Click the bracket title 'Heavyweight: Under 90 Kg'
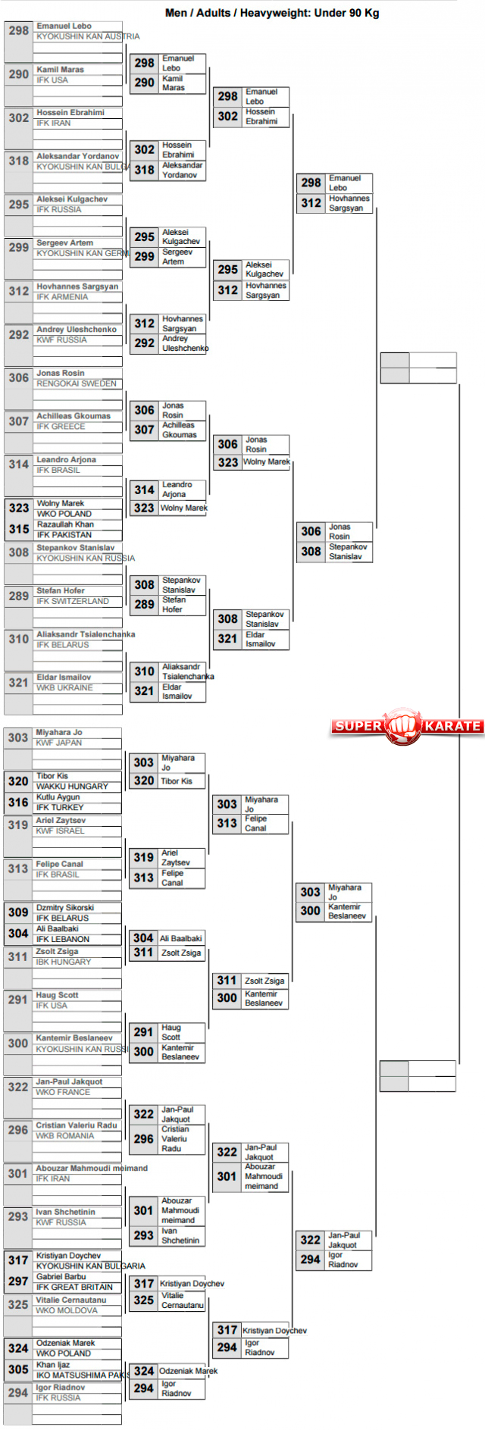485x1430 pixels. (272, 13)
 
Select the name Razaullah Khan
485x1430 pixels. (65, 524)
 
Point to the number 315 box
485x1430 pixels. (19, 529)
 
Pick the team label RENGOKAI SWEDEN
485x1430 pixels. (77, 384)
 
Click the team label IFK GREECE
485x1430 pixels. (61, 427)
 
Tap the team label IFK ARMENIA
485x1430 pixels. (62, 297)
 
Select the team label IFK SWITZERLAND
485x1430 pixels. (73, 602)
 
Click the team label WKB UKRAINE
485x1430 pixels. (64, 688)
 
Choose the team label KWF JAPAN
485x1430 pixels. (58, 743)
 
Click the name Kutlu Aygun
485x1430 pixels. (58, 797)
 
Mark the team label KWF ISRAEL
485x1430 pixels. (60, 831)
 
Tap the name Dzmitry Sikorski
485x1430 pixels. (65, 908)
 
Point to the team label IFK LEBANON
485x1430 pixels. (62, 940)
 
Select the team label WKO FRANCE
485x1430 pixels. (63, 1093)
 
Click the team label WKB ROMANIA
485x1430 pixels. (65, 1136)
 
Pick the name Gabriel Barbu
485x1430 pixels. (61, 1277)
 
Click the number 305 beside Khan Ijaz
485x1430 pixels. (18, 1369)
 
